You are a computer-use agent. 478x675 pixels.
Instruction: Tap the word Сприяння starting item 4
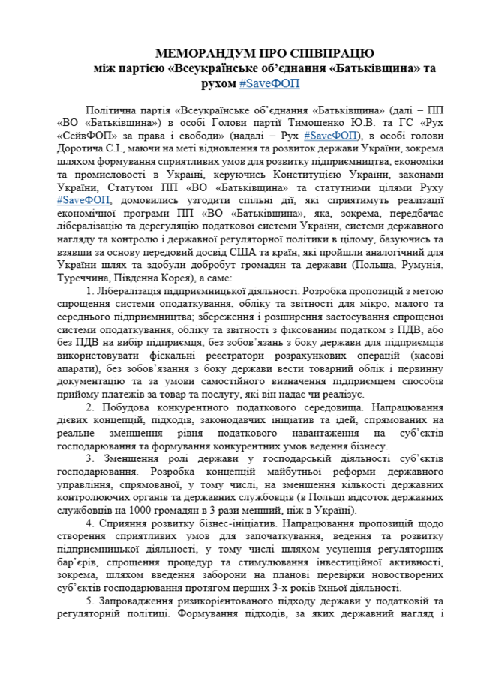[122, 523]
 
